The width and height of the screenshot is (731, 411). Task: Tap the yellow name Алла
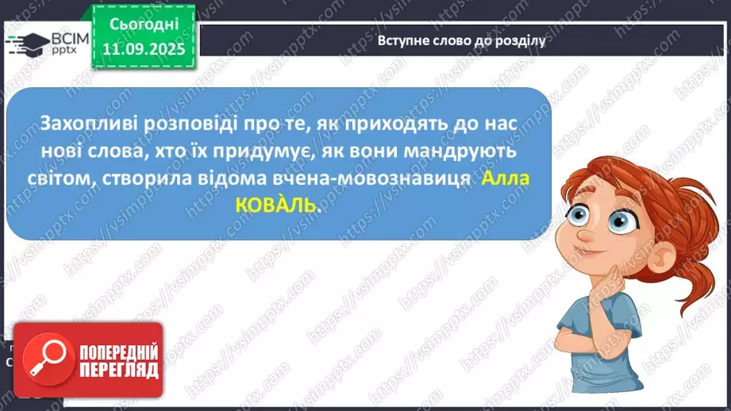coord(506,179)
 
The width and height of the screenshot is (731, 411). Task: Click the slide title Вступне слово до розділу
coord(461,40)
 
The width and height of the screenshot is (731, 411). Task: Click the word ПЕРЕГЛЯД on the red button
coord(118,371)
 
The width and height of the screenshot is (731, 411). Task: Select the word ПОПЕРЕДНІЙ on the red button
coord(118,351)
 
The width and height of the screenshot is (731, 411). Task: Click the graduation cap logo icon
coord(25,44)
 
